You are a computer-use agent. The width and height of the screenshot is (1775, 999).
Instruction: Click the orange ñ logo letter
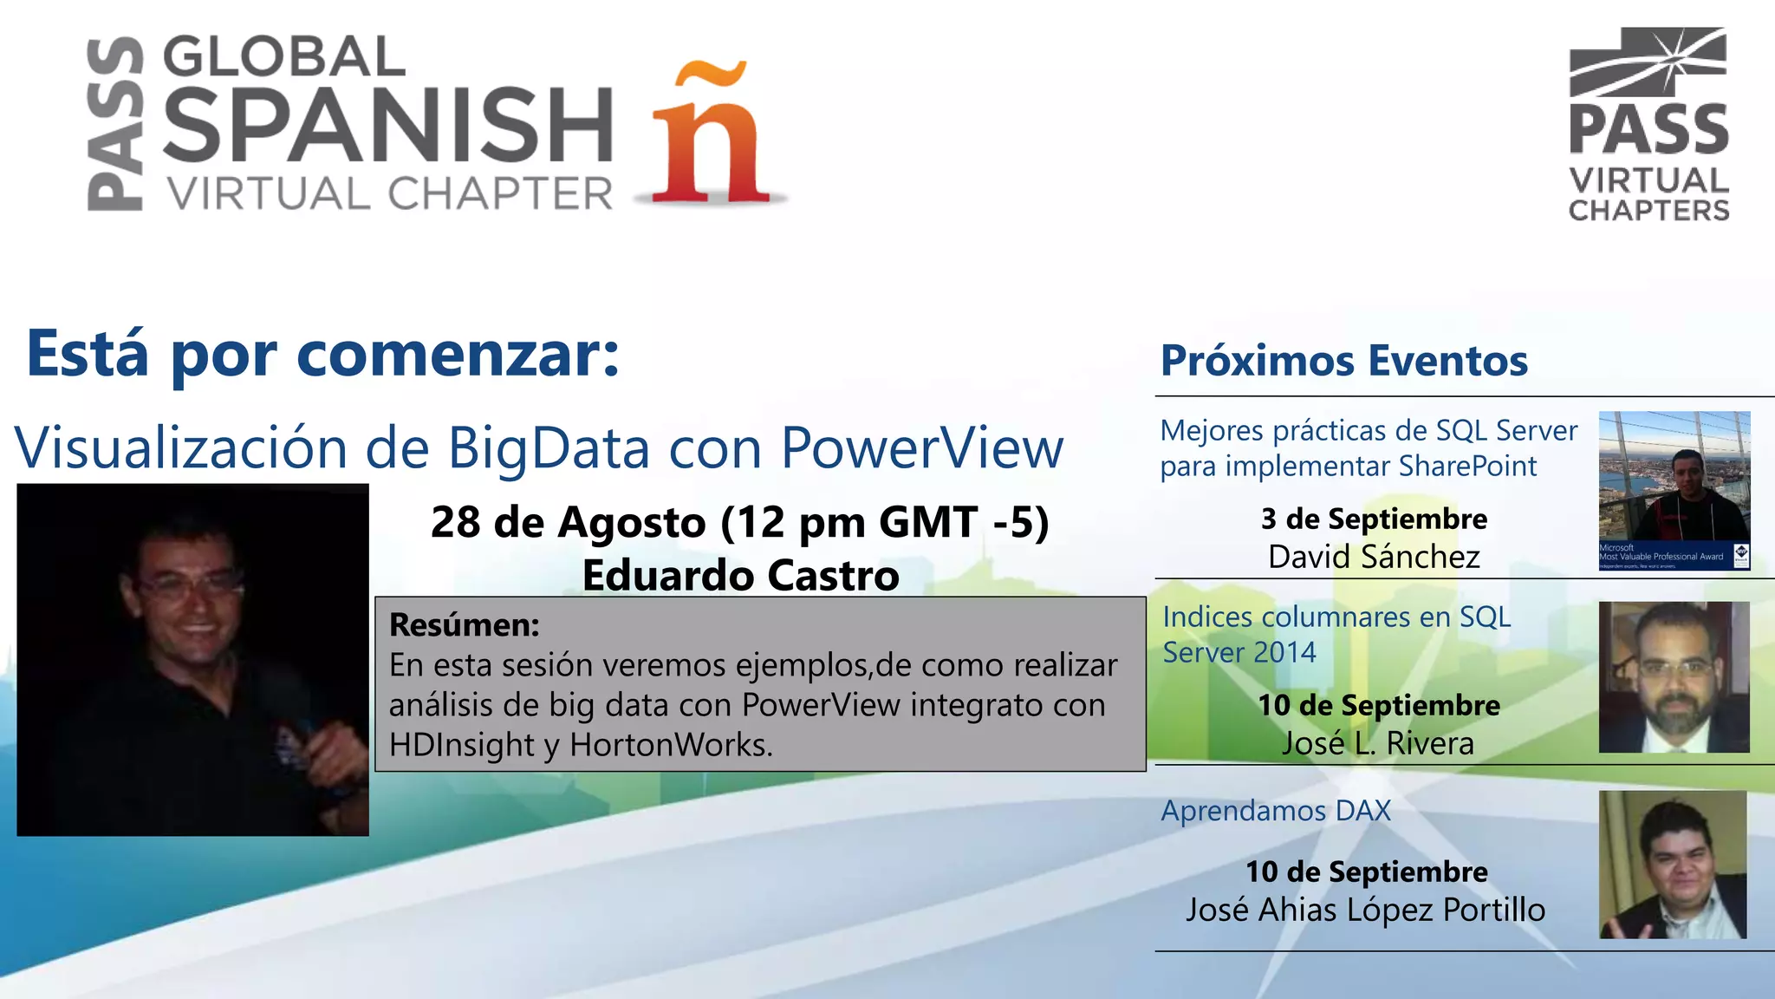click(711, 134)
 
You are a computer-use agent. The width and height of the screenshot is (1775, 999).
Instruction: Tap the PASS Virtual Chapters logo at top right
click(1648, 125)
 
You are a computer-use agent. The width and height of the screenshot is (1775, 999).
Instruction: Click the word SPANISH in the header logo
click(388, 125)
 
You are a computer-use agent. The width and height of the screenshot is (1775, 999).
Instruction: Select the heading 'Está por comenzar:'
click(323, 354)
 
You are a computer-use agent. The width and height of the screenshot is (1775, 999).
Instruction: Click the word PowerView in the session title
click(921, 448)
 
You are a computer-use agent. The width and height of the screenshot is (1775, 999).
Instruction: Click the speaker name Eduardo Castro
click(740, 575)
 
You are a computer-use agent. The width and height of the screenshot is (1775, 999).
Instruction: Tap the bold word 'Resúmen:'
click(465, 624)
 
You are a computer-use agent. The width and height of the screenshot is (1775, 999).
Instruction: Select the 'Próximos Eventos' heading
click(1343, 361)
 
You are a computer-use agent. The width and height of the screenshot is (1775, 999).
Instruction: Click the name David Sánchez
click(1374, 557)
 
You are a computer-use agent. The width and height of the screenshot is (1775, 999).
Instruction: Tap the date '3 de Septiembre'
click(1374, 519)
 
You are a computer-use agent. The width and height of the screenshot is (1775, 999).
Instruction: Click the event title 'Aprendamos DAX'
click(1276, 811)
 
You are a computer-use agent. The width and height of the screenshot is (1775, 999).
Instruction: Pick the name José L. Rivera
click(1378, 743)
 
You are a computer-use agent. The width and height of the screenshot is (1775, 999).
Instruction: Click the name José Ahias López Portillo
click(1365, 910)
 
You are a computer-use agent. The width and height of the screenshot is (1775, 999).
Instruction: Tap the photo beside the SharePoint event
click(1674, 491)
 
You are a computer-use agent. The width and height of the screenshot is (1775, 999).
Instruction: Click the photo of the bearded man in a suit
click(1674, 677)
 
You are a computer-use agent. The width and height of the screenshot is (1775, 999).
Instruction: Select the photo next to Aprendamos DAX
click(1673, 865)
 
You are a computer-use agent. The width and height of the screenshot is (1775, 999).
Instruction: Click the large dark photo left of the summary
click(192, 660)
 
